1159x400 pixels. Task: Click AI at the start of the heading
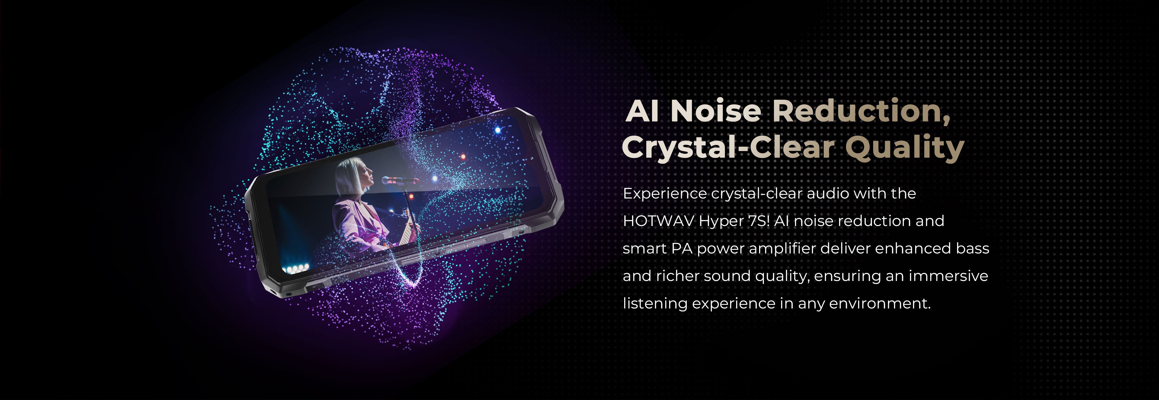(643, 111)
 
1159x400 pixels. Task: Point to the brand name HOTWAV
(658, 221)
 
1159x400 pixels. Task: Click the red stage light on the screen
(462, 157)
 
